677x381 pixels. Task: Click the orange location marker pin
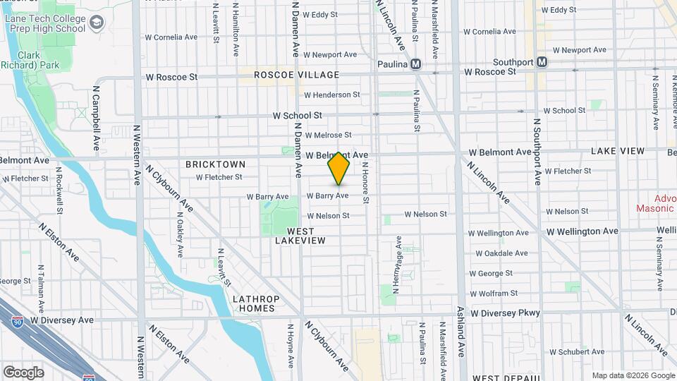coord(339,169)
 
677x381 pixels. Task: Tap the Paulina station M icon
coord(416,64)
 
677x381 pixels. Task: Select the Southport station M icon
coord(542,62)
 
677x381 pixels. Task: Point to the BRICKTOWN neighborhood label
coord(215,164)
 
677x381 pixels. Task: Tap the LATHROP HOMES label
coord(256,303)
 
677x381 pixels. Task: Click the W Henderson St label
coord(331,95)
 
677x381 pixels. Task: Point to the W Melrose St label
coord(327,135)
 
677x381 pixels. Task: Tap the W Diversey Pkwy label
coord(505,313)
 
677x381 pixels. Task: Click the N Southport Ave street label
coord(537,152)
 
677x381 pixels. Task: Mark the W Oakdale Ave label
coord(504,253)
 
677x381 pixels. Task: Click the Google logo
coord(23,373)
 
